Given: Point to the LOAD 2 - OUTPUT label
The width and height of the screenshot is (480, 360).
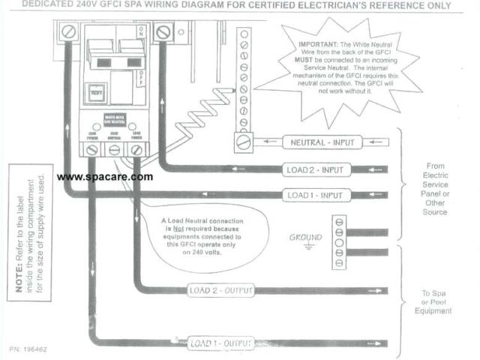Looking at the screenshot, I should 221,290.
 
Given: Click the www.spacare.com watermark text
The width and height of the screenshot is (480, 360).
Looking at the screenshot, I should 105,177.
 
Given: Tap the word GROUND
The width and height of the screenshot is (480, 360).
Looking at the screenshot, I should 306,237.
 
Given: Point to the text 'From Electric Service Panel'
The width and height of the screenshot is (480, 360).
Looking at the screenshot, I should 435,187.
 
